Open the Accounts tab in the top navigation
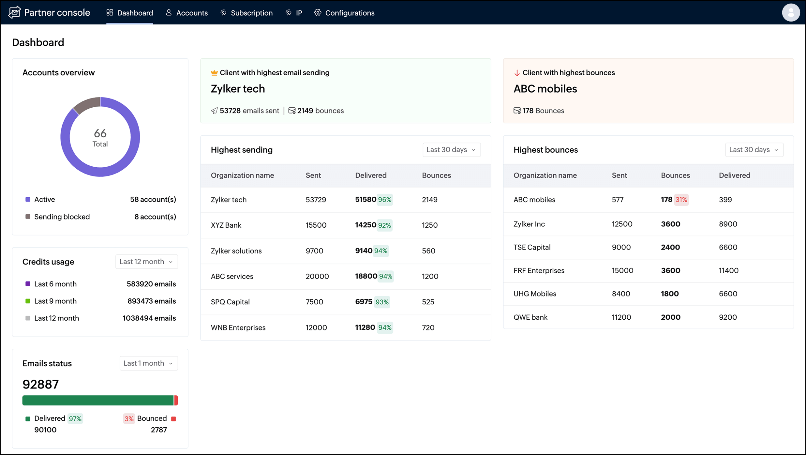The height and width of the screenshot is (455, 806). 187,13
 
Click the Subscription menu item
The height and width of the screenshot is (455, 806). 246,13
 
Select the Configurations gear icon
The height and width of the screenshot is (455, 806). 318,12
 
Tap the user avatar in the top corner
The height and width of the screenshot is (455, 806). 790,13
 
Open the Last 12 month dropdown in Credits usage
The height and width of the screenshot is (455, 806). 146,262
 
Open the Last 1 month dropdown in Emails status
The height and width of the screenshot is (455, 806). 148,363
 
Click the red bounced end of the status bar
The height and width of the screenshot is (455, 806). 176,401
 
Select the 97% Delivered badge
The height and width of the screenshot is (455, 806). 75,418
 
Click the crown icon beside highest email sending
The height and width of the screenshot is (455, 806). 214,73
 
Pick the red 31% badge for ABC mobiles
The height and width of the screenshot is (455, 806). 681,200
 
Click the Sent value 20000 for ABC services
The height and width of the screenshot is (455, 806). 317,276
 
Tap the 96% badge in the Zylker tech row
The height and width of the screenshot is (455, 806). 385,200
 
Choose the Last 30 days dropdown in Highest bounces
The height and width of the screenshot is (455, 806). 754,150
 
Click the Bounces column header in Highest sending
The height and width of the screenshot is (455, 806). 436,175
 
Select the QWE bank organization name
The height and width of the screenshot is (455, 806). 530,317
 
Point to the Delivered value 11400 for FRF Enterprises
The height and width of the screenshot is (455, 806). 728,270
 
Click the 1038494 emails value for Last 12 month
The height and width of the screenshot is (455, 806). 149,318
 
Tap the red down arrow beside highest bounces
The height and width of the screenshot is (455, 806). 517,73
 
